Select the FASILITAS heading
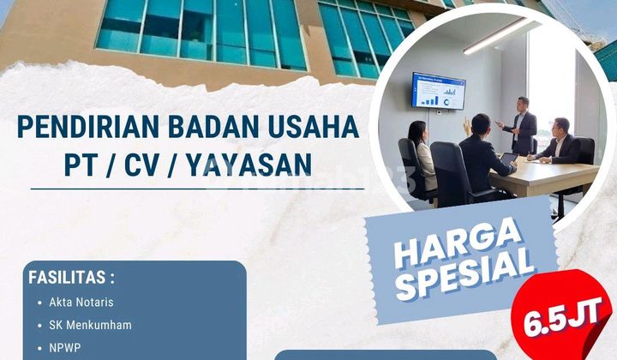point(71,279)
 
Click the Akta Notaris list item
point(82,303)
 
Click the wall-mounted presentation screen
point(438,91)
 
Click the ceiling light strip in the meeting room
point(497,36)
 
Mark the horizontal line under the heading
point(197,189)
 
